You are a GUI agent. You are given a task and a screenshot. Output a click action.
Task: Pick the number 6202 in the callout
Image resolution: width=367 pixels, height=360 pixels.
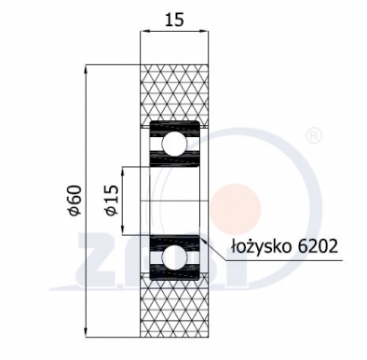[312, 247]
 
